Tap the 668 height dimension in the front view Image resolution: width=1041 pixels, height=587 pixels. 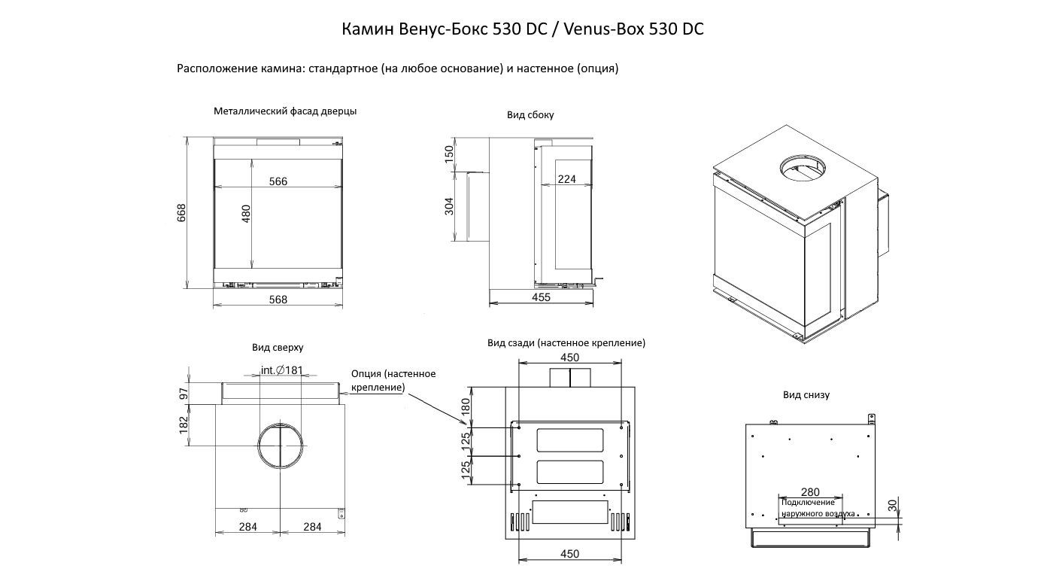[181, 212]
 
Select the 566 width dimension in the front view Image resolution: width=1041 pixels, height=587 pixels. [278, 181]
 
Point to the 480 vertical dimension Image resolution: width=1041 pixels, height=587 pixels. [245, 214]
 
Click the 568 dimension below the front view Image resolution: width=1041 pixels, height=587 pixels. [278, 300]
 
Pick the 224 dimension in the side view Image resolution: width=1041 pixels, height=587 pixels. [567, 179]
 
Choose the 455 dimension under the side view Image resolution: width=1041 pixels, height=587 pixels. [541, 297]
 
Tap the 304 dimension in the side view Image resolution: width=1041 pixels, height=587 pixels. [449, 206]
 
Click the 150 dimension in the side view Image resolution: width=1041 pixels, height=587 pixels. [449, 154]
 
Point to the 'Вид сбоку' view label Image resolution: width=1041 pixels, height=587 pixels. [530, 115]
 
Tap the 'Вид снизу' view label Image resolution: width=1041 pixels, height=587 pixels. [806, 395]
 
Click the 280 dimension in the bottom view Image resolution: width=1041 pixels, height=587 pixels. [810, 492]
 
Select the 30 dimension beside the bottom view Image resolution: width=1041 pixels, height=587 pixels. [893, 506]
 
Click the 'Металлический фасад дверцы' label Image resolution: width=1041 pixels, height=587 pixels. [285, 111]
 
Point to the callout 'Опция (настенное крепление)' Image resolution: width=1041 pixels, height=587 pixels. [393, 380]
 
